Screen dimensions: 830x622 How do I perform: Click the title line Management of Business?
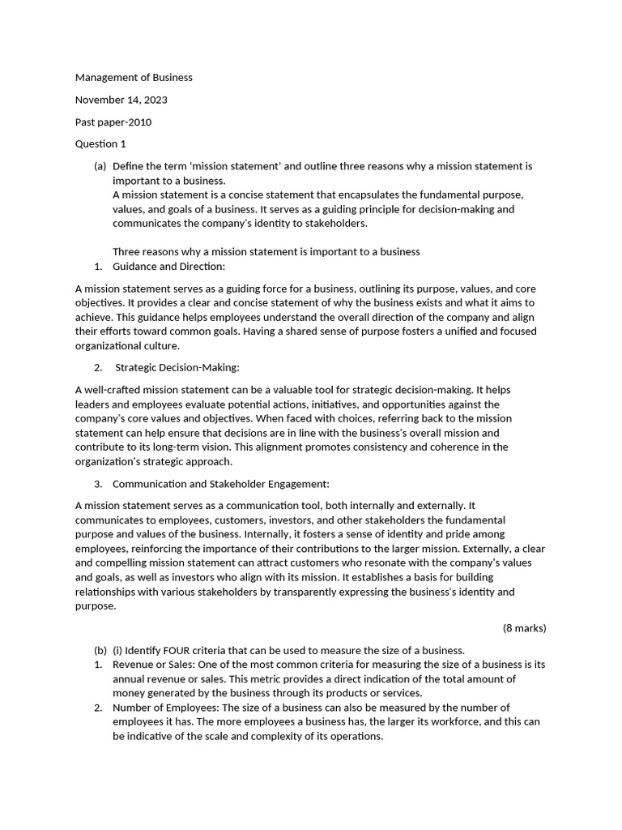pos(134,78)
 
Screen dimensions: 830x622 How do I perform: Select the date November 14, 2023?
pos(121,100)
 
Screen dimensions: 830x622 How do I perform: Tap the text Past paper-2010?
pos(113,122)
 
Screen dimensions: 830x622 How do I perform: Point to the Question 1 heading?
pos(100,144)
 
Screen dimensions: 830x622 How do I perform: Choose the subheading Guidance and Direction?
pos(168,267)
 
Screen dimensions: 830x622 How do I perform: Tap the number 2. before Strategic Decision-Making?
pos(98,368)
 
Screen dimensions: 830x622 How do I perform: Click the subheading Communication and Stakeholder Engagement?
pos(220,484)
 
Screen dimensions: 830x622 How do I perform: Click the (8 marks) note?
pos(524,627)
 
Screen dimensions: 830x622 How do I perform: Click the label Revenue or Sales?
pos(150,665)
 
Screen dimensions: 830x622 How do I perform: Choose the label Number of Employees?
pos(162,708)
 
